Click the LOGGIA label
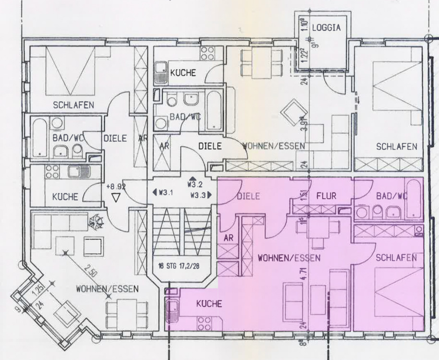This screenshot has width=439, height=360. (x=326, y=28)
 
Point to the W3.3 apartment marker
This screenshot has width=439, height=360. (x=201, y=195)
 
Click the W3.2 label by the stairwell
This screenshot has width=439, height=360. (x=195, y=184)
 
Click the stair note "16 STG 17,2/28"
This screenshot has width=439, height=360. (x=182, y=265)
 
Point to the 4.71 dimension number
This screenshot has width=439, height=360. (x=304, y=277)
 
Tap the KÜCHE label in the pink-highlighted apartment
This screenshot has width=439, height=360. (x=209, y=304)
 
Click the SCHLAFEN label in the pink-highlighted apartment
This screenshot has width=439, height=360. (x=396, y=258)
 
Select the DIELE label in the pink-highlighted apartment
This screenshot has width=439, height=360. (x=248, y=196)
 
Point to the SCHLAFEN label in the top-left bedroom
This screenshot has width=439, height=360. (x=73, y=105)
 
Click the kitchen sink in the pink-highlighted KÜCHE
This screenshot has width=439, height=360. (x=171, y=311)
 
